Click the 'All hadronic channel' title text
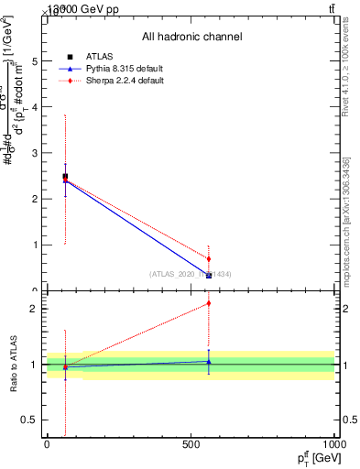(x=191, y=37)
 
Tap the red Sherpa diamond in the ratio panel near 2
(x=209, y=303)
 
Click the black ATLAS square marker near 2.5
(x=65, y=176)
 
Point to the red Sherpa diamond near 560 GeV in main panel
(x=209, y=258)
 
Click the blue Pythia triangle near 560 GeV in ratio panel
(x=209, y=362)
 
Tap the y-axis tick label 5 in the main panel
(x=34, y=61)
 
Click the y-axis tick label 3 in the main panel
(x=34, y=153)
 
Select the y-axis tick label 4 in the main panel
(x=34, y=107)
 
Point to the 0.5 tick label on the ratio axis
(x=29, y=420)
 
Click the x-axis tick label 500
(x=191, y=445)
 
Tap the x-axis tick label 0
(x=47, y=445)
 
